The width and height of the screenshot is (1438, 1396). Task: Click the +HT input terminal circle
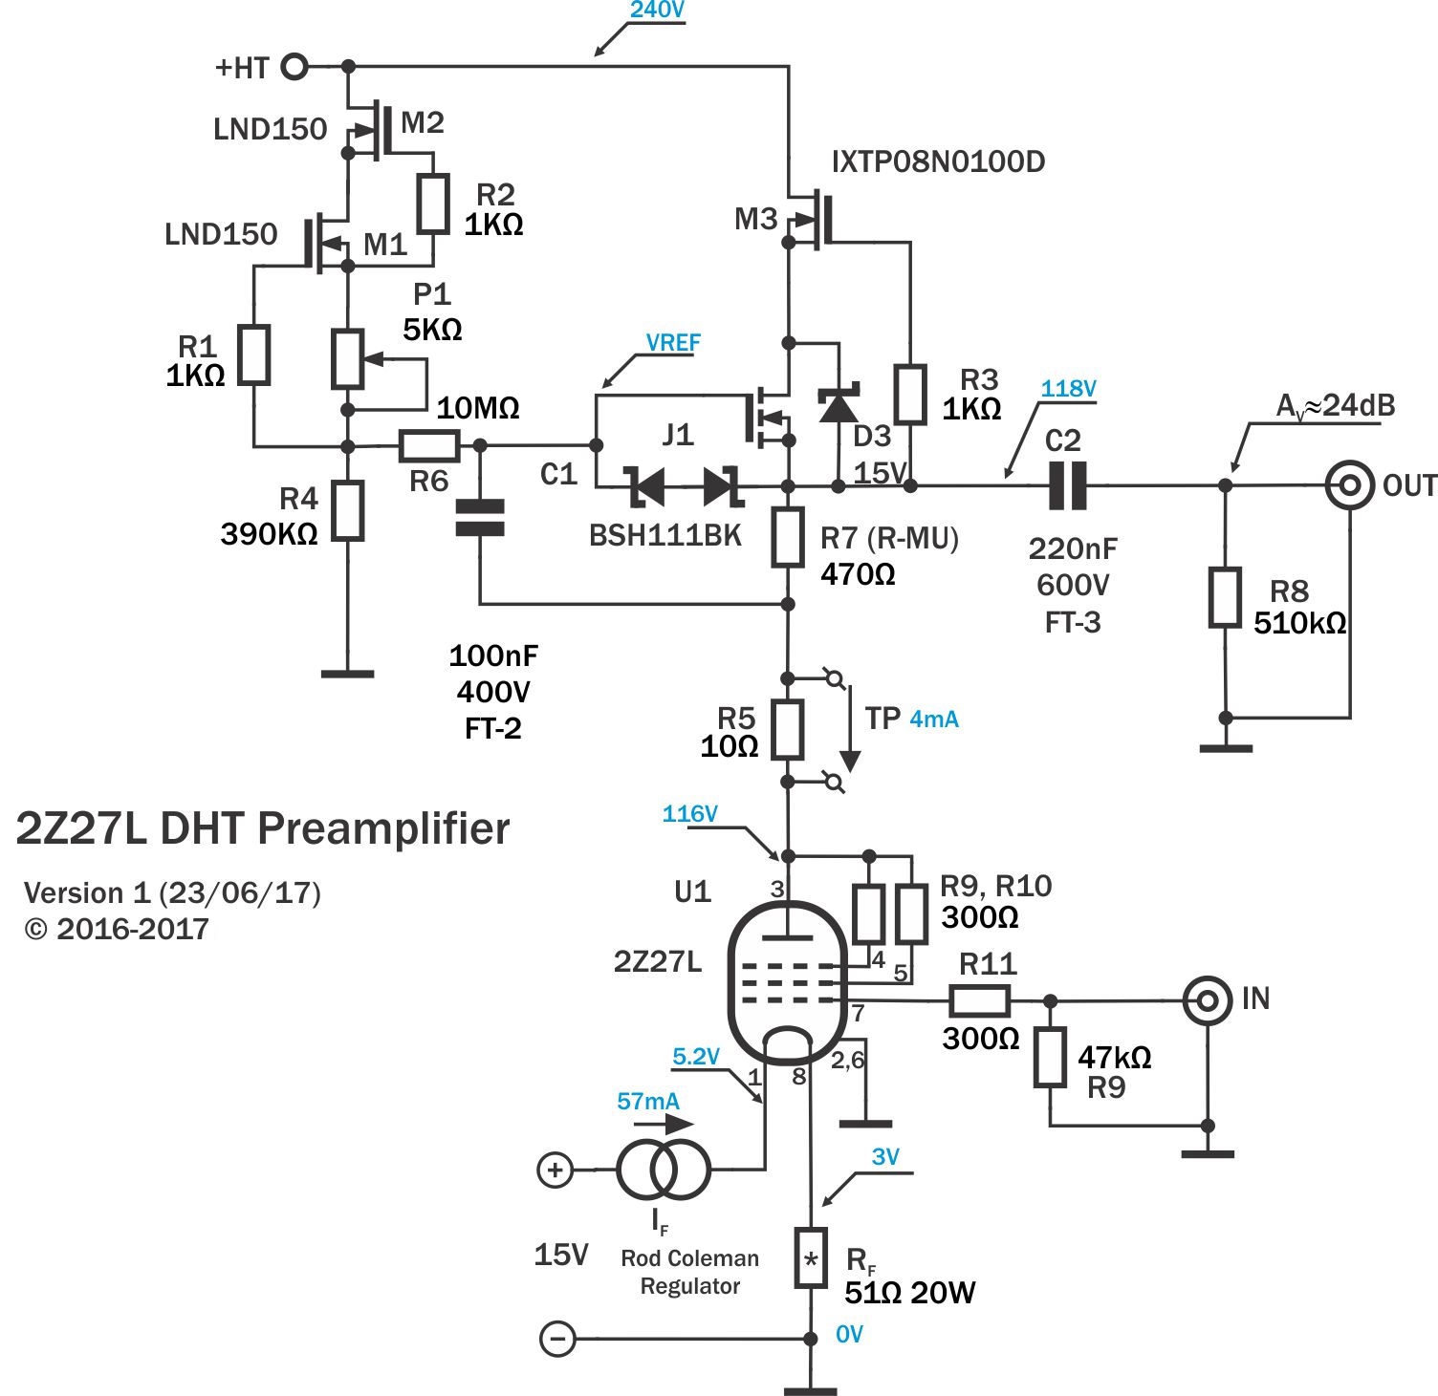tap(295, 67)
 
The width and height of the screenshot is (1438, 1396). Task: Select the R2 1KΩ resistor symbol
tap(434, 204)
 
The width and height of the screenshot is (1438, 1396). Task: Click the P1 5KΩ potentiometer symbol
tap(347, 359)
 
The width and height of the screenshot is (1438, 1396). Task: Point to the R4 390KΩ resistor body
tap(348, 511)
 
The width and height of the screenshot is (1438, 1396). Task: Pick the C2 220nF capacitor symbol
tap(1067, 485)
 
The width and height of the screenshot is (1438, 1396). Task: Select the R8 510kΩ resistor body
tap(1225, 597)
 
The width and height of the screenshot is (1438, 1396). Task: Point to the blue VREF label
tap(673, 342)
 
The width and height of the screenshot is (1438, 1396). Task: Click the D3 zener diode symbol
tap(839, 404)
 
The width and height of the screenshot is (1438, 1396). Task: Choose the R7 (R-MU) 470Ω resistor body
tap(788, 537)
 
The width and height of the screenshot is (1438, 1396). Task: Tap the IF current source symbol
tap(663, 1169)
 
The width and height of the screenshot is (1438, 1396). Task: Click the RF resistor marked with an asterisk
tap(811, 1257)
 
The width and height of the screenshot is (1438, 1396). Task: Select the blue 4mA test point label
tap(934, 719)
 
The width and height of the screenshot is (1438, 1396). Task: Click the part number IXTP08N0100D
tap(938, 161)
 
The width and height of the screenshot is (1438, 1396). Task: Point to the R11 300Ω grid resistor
tap(979, 1001)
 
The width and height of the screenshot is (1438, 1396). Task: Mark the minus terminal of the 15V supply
tap(557, 1338)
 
